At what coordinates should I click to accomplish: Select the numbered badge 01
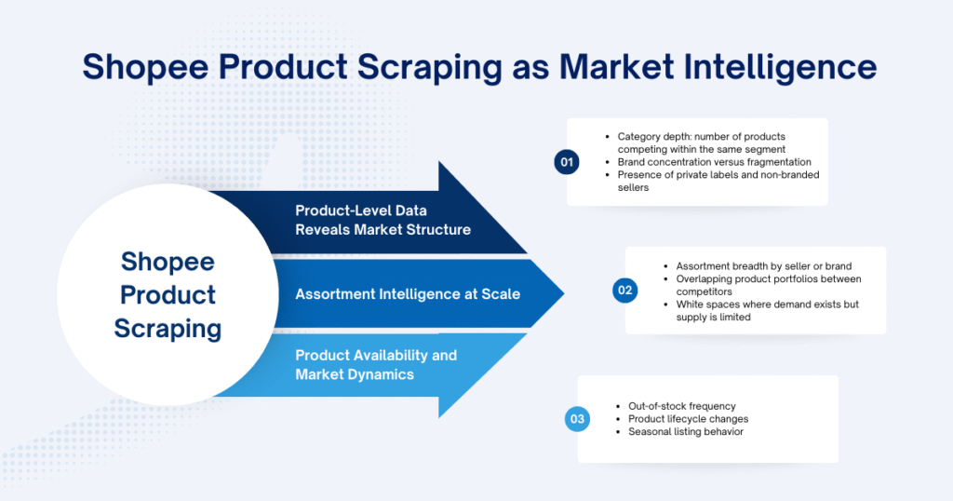point(565,161)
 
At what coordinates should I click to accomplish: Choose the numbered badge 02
point(624,291)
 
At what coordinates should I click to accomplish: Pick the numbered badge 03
point(577,419)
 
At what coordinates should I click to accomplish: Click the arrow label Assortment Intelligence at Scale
point(408,294)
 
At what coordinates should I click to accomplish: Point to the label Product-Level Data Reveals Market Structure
point(383,220)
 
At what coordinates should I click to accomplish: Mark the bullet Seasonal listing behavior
point(685,432)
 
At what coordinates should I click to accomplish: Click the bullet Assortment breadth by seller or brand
point(750,266)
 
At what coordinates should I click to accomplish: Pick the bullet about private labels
point(718,181)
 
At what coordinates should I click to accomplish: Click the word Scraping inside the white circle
point(168,328)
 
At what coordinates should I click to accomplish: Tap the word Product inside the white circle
point(168,294)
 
